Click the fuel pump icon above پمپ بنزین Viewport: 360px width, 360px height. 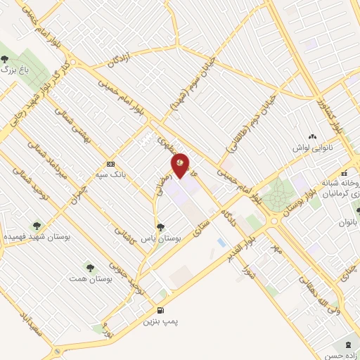pyautogui.click(x=161, y=310)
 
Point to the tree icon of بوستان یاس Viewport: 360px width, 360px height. pyautogui.click(x=162, y=226)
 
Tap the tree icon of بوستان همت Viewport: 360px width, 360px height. pyautogui.click(x=89, y=266)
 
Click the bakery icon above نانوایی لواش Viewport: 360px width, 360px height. pyautogui.click(x=311, y=137)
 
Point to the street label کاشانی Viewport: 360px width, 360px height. pyautogui.click(x=128, y=230)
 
